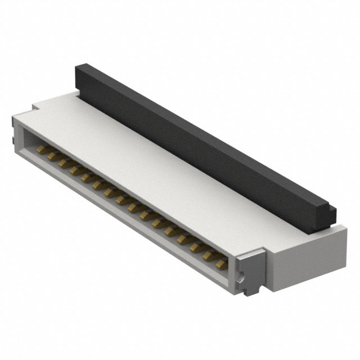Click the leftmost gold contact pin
point(41,150)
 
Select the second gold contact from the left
point(51,155)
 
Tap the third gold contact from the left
point(63,163)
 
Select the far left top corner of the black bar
point(79,67)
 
